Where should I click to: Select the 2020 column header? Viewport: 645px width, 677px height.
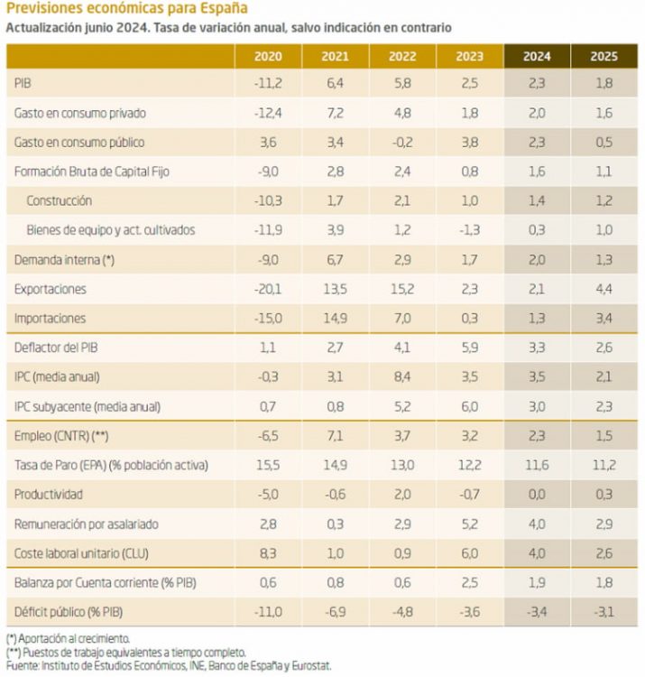[x=268, y=56]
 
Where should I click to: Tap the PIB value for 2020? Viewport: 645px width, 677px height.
[x=268, y=84]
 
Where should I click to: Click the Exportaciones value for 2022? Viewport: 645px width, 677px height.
[x=401, y=289]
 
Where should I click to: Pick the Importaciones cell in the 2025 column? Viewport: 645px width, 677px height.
[x=604, y=318]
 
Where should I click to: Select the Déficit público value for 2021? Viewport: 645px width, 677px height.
[x=335, y=611]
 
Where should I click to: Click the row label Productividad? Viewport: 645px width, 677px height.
[x=49, y=495]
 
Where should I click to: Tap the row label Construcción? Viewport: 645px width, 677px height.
[x=59, y=200]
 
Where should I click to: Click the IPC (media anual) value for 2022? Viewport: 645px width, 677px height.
[x=401, y=376]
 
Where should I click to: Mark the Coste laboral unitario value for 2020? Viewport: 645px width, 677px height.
[x=268, y=552]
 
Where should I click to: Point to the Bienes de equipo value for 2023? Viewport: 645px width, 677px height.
[x=469, y=230]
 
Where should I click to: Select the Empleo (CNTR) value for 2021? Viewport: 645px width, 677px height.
[x=335, y=435]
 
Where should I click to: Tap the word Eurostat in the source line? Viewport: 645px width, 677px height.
[x=312, y=665]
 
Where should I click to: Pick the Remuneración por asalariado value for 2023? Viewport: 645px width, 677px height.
[x=469, y=524]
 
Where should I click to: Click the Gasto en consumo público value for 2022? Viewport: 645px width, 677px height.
[x=401, y=143]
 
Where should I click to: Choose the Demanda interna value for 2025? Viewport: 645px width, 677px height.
[x=604, y=260]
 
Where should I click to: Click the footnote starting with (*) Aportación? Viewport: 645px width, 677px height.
[x=68, y=638]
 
